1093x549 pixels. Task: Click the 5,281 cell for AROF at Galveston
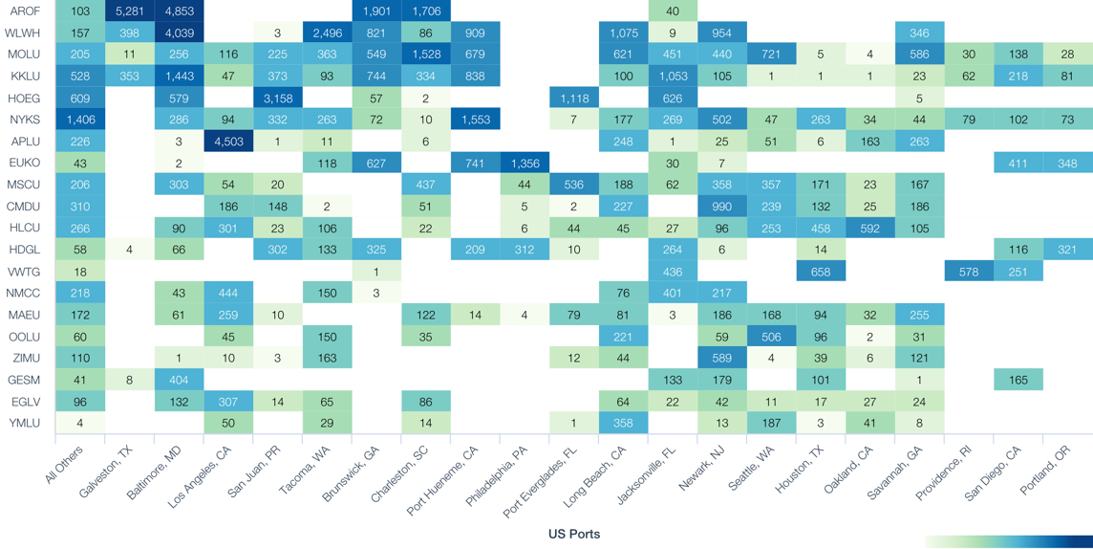(129, 11)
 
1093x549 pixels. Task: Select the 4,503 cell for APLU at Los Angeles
(228, 142)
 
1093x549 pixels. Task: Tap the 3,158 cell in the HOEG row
(277, 99)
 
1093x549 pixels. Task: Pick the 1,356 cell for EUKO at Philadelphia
(525, 164)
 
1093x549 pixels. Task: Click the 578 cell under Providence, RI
(969, 272)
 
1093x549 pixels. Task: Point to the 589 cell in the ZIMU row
(721, 358)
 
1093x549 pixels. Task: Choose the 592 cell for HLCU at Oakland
(869, 229)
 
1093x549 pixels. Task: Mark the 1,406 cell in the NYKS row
(80, 120)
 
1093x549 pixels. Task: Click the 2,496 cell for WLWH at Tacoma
(327, 33)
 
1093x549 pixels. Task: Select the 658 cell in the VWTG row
(821, 272)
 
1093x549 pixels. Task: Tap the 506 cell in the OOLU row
(771, 337)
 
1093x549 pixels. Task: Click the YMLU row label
(24, 423)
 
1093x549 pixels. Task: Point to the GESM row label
(24, 380)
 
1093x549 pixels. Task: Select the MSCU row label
(24, 185)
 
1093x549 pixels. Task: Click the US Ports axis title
(574, 534)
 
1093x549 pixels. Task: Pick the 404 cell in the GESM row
(179, 380)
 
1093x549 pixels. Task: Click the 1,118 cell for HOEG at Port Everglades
(574, 99)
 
